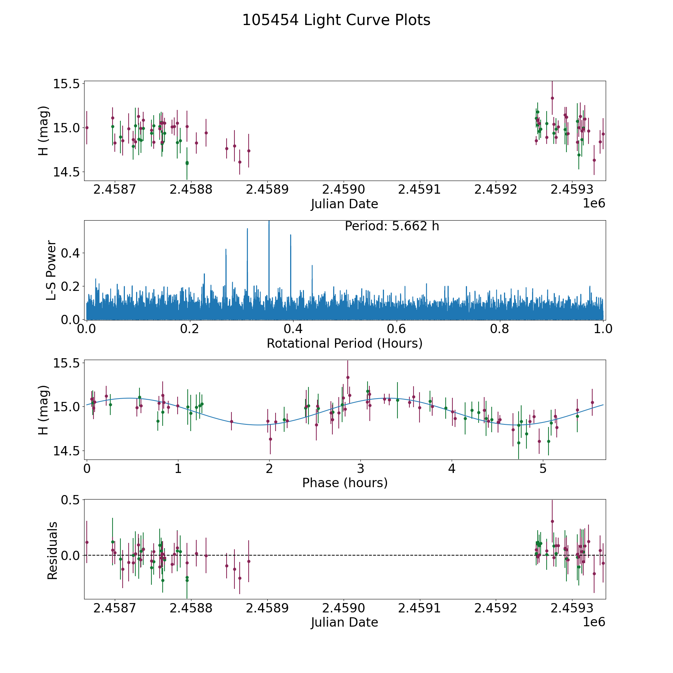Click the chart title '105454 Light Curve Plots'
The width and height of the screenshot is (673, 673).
click(x=336, y=20)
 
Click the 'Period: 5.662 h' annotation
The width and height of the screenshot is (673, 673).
click(x=392, y=226)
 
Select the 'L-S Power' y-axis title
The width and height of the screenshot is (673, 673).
click(x=52, y=270)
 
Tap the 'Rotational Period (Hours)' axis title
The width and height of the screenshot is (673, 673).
click(x=344, y=343)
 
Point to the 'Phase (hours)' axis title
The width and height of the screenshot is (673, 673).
click(x=344, y=483)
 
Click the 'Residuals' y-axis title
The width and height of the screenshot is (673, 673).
click(x=52, y=550)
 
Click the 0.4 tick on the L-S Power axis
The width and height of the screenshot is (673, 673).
click(x=71, y=253)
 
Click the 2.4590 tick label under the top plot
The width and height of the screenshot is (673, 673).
click(x=344, y=189)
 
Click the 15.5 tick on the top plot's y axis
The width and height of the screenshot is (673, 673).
click(x=67, y=84)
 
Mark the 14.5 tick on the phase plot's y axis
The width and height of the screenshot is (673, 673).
click(x=67, y=451)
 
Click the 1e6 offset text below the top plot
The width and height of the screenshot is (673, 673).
click(x=594, y=203)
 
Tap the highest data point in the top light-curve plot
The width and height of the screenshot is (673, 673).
click(x=552, y=98)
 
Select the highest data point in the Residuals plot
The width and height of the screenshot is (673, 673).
click(x=552, y=521)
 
